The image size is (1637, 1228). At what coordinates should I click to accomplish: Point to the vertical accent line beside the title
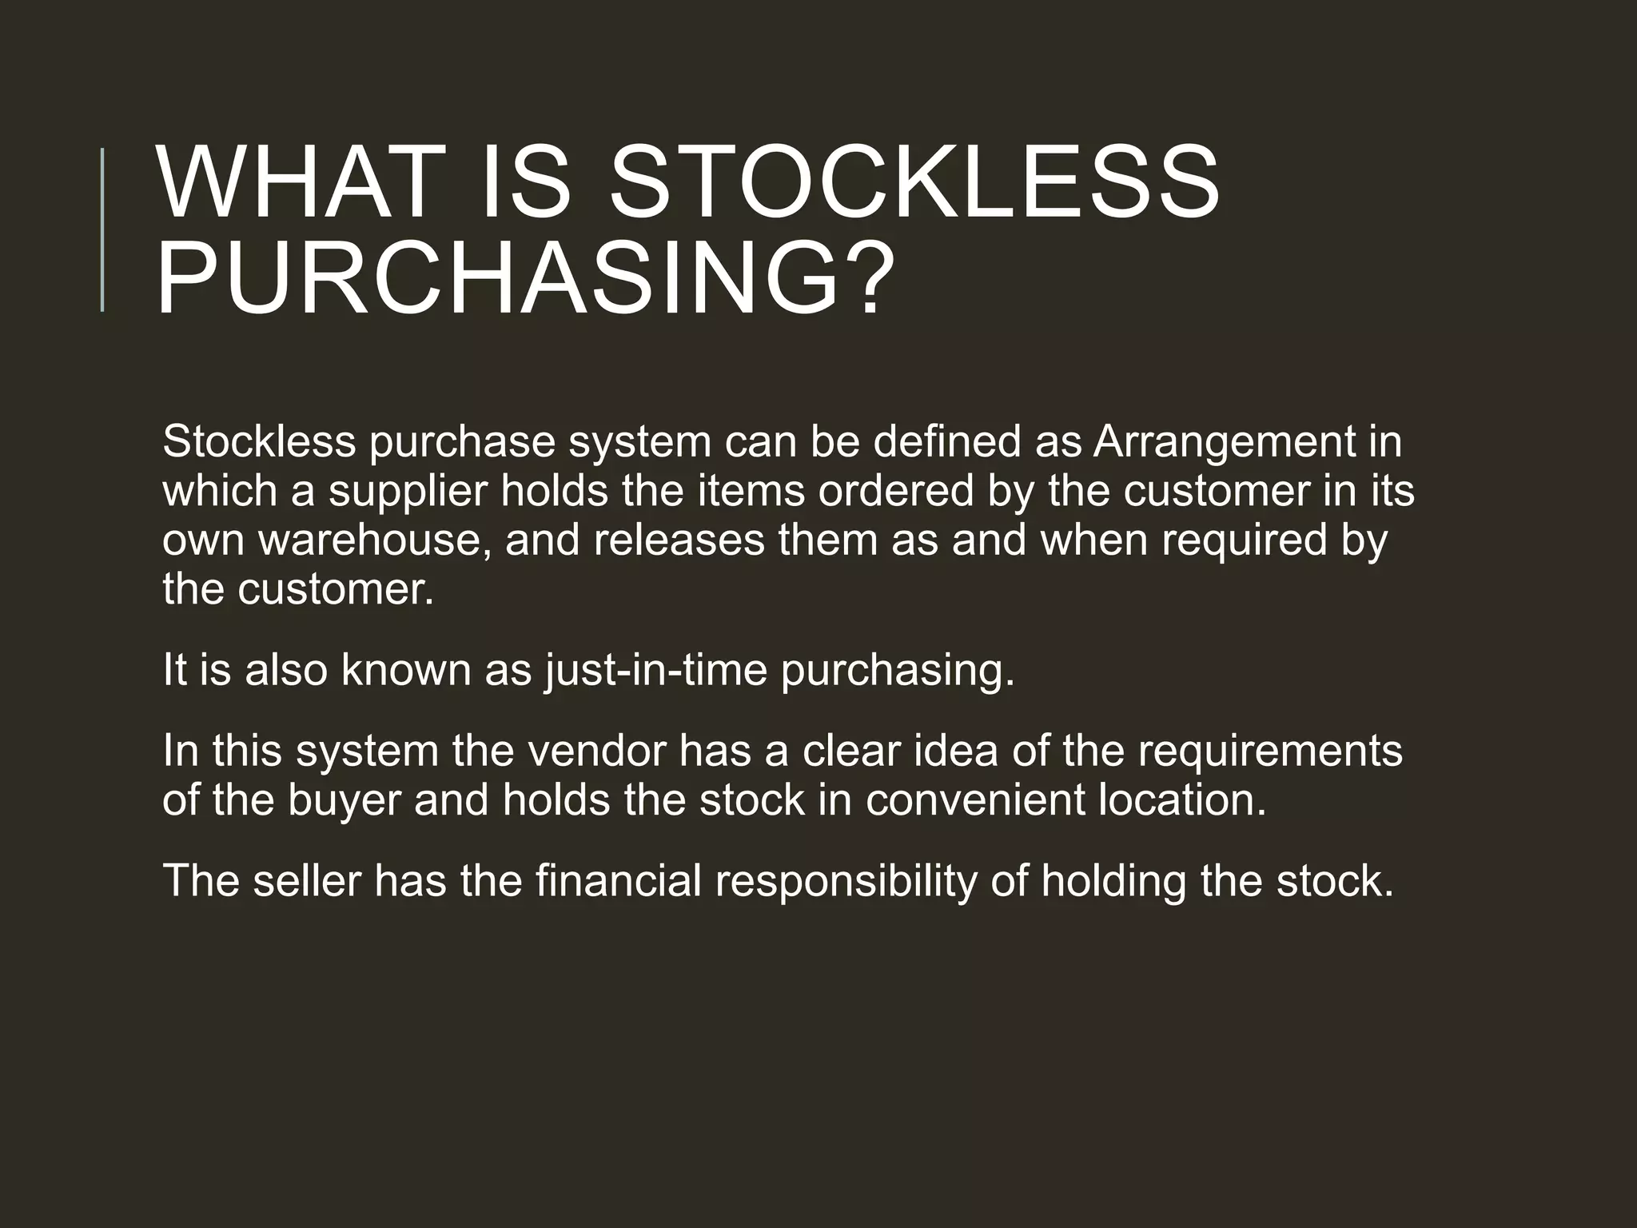(x=102, y=229)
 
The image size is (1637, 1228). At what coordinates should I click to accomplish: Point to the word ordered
(x=895, y=491)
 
